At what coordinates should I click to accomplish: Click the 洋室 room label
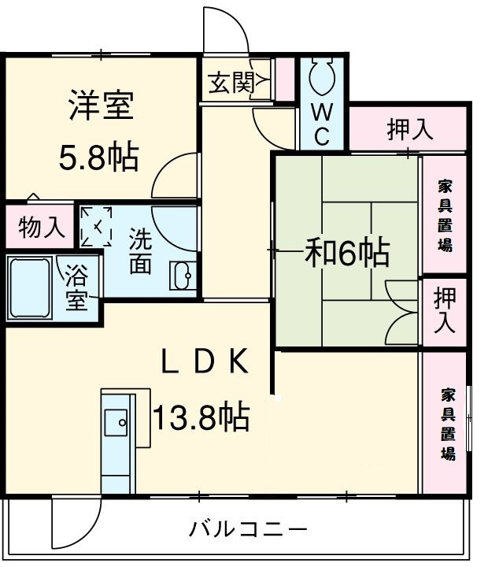click(x=101, y=106)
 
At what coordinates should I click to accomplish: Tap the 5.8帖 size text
click(x=99, y=157)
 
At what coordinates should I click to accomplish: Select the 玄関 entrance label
click(x=230, y=81)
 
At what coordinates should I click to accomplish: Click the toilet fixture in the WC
click(x=322, y=78)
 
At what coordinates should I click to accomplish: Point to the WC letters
click(x=322, y=124)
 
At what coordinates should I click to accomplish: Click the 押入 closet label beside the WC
click(x=409, y=129)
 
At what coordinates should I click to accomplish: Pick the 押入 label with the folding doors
click(x=445, y=310)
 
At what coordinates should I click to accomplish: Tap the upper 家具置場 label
click(x=445, y=215)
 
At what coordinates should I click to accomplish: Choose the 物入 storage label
click(x=41, y=228)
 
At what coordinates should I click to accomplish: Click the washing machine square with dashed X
click(x=98, y=226)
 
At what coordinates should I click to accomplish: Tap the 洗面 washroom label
click(x=140, y=251)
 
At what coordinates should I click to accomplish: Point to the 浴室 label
click(x=76, y=289)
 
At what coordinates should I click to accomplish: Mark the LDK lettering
click(x=205, y=362)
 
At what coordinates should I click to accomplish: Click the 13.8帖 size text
click(x=200, y=416)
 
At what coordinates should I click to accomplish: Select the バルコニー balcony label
click(x=249, y=528)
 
